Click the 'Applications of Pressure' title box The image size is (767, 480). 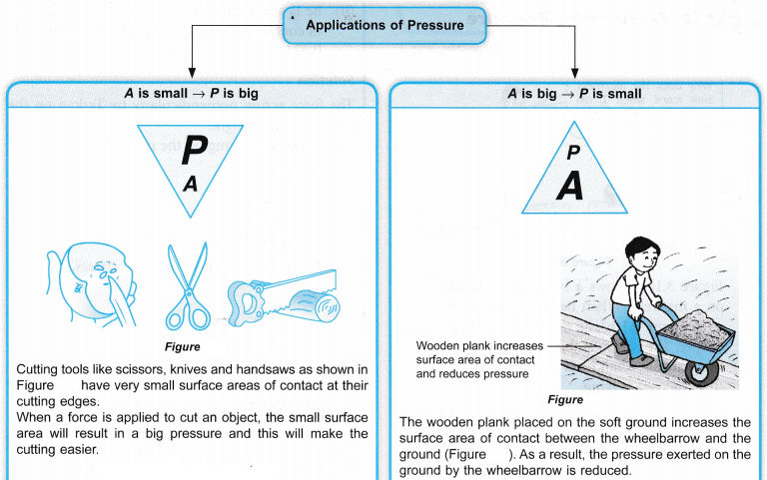(383, 24)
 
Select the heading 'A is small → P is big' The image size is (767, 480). (191, 94)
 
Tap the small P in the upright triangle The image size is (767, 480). (572, 153)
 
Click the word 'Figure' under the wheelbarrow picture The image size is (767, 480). (565, 398)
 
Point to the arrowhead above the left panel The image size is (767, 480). (191, 73)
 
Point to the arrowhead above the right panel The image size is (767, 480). (576, 73)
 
